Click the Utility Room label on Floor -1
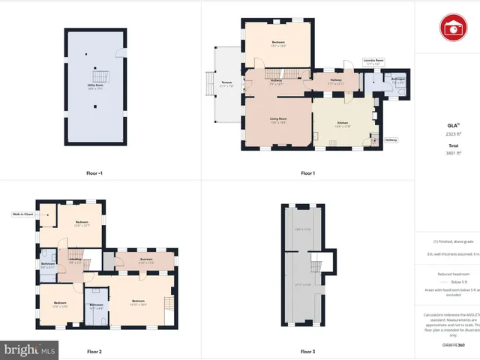pos(94,88)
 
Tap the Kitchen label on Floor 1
pos(343,123)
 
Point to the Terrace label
pos(226,84)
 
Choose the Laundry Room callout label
pos(373,60)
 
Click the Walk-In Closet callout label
pos(22,214)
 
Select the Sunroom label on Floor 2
pos(146,260)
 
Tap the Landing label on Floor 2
pos(75,260)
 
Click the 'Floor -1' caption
pos(94,173)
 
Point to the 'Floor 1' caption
pos(307,173)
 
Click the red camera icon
pos(453,28)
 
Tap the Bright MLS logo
pos(30,349)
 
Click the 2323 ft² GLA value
pos(452,133)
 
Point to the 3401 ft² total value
pos(452,152)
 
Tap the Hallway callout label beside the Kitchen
pos(391,140)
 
